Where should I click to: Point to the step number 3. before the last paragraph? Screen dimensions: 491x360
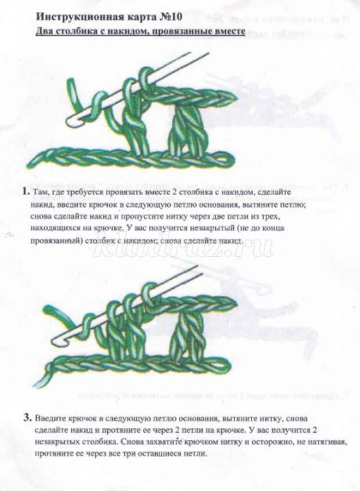coord(27,417)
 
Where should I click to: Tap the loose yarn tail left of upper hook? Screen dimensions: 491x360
coord(73,93)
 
